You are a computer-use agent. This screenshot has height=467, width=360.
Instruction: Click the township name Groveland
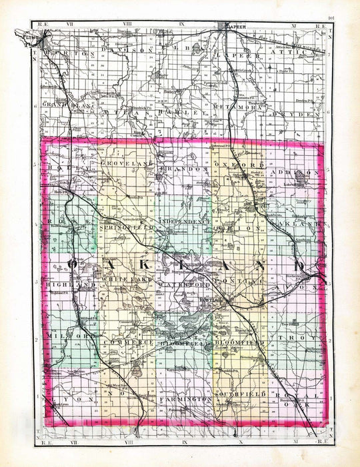pyautogui.click(x=123, y=164)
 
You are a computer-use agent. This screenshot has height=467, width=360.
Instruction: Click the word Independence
pyautogui.click(x=184, y=220)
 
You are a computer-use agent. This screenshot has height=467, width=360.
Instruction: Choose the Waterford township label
pyautogui.click(x=180, y=284)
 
